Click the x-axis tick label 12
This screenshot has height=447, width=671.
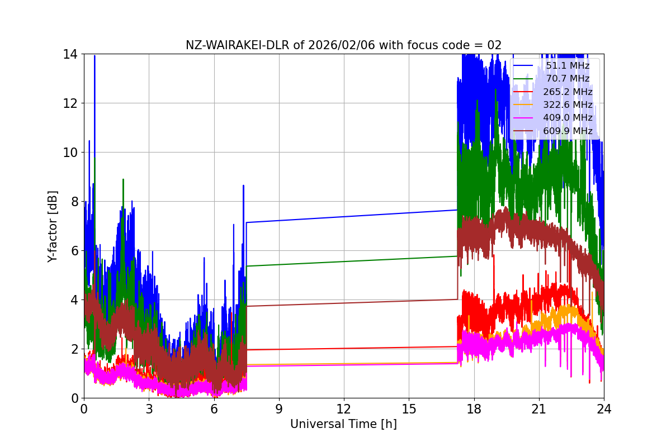[344, 409]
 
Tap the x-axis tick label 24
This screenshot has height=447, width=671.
[604, 409]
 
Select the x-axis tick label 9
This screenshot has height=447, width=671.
[279, 409]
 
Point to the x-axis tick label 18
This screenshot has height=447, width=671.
[474, 409]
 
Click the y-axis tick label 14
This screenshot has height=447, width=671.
[70, 54]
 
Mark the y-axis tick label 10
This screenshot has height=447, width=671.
[70, 153]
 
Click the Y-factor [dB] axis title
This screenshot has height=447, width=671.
[53, 226]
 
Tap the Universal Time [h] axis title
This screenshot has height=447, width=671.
[343, 424]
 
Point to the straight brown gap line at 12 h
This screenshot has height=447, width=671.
[344, 303]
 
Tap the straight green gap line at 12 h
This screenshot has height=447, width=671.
[344, 261]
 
